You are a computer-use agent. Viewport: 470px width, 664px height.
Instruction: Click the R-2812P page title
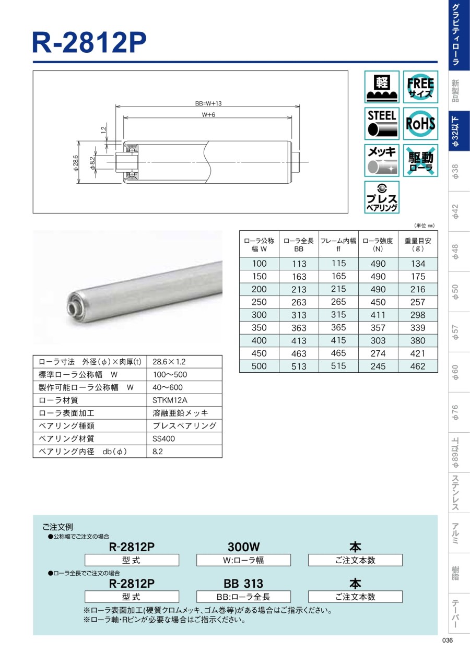pos(89,42)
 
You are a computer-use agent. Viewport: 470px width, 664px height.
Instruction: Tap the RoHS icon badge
pos(420,123)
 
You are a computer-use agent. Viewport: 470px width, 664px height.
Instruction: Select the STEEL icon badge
pos(382,123)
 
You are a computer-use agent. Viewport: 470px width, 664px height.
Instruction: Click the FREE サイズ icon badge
pos(420,87)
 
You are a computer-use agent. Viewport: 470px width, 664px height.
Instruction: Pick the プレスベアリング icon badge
pos(382,197)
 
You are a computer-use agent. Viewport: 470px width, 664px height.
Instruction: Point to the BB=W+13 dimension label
pos(208,103)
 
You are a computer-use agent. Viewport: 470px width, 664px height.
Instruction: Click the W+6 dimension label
pos(208,115)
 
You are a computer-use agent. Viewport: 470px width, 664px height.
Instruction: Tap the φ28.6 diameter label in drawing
pos(76,163)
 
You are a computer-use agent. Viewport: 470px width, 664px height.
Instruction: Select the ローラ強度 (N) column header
pos(378,244)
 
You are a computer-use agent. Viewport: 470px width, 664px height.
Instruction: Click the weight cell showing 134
pos(418,264)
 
